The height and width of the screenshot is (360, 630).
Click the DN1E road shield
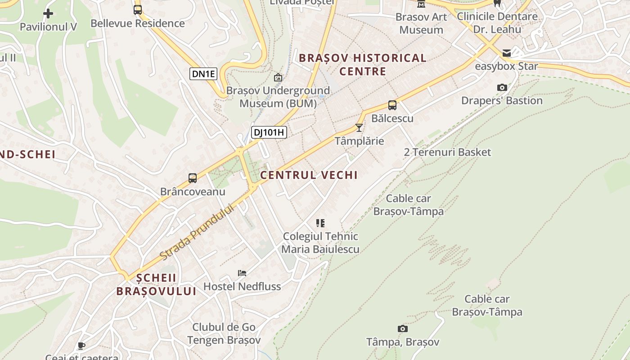(x=203, y=74)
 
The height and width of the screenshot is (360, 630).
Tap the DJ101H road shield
(x=269, y=132)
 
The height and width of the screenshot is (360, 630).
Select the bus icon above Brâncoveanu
(x=193, y=178)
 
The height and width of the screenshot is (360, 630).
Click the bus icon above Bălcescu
(x=392, y=105)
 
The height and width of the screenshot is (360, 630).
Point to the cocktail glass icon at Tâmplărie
(x=359, y=128)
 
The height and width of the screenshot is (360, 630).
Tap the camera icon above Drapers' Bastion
(x=502, y=87)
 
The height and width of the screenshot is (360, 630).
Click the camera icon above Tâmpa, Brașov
(x=403, y=329)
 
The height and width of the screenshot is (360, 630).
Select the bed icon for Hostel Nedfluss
(x=242, y=273)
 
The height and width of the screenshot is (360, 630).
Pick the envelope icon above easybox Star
(x=507, y=53)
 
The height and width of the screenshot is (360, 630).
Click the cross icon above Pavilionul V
(x=48, y=13)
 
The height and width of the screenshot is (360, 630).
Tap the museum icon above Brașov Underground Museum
(x=278, y=77)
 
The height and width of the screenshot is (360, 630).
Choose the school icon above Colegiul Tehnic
(x=320, y=223)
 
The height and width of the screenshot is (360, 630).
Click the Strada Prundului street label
(x=198, y=232)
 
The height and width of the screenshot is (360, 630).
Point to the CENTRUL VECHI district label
(x=309, y=175)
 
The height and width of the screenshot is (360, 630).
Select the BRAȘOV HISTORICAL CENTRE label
(x=363, y=64)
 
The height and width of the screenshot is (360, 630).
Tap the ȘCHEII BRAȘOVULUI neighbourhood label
(x=156, y=284)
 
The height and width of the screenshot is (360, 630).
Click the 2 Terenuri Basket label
(x=447, y=152)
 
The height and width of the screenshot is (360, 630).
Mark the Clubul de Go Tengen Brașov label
(x=224, y=333)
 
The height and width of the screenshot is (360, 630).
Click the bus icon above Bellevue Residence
(x=138, y=10)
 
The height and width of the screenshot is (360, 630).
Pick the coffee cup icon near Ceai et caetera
(x=81, y=346)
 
